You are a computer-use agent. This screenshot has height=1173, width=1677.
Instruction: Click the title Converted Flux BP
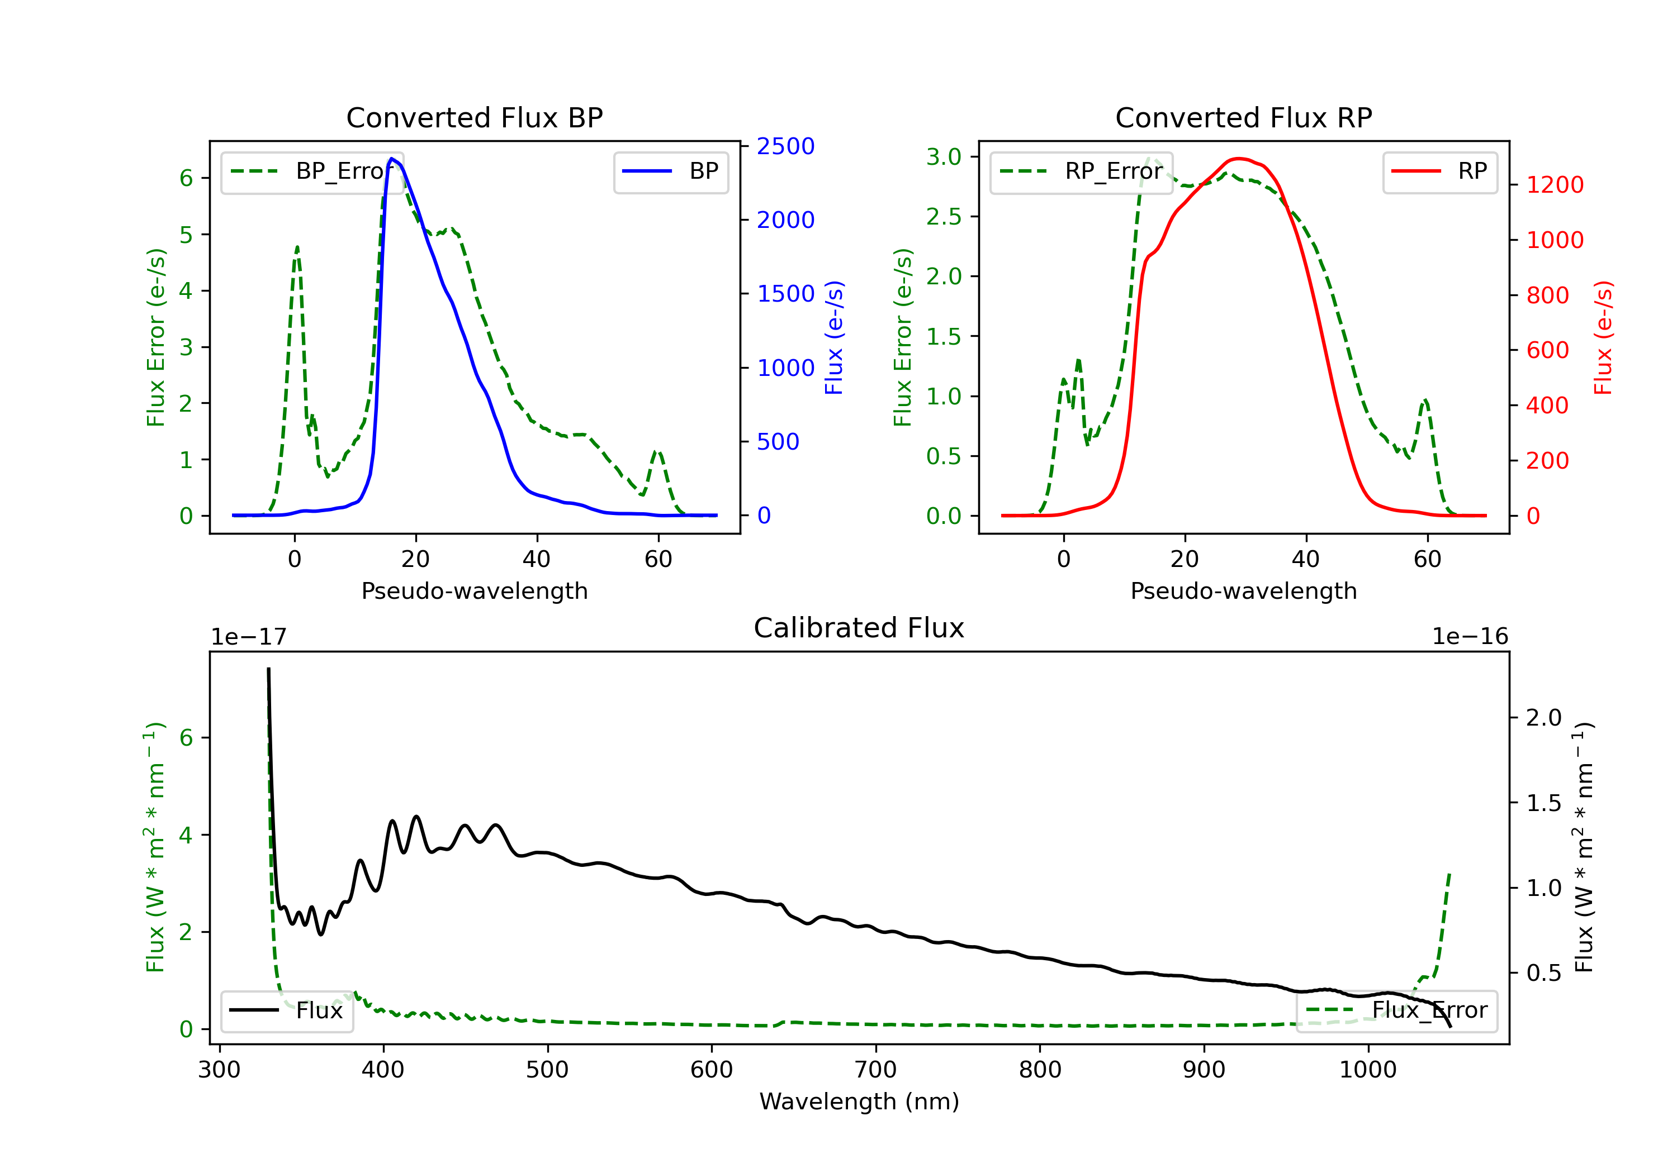(x=474, y=117)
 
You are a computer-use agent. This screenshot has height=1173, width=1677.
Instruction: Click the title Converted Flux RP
(x=1243, y=117)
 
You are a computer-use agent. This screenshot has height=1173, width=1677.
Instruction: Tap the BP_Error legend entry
(x=312, y=171)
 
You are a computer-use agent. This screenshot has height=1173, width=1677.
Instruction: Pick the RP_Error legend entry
(x=1081, y=171)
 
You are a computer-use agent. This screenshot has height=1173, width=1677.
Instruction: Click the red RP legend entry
(x=1439, y=171)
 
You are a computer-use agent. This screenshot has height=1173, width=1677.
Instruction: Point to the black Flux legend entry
(x=287, y=1010)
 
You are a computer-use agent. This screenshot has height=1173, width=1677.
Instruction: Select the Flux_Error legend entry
(x=1396, y=1010)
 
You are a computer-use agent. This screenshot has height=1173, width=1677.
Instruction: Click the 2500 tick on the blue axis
(x=785, y=147)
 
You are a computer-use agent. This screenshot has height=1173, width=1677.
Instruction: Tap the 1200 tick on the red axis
(x=1554, y=185)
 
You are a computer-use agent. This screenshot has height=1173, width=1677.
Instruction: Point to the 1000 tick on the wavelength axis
(x=1367, y=1070)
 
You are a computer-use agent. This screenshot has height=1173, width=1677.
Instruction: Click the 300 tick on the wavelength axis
(x=219, y=1070)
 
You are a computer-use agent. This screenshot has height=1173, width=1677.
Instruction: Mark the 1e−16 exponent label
(x=1470, y=637)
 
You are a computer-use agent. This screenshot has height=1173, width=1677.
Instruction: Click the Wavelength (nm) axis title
(x=859, y=1102)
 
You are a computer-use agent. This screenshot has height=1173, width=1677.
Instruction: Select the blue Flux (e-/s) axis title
(x=834, y=337)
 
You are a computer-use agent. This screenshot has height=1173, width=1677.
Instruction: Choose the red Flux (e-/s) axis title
(x=1603, y=337)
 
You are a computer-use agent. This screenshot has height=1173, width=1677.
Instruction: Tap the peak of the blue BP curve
(x=392, y=159)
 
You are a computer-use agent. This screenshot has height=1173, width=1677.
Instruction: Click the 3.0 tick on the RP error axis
(x=943, y=157)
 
